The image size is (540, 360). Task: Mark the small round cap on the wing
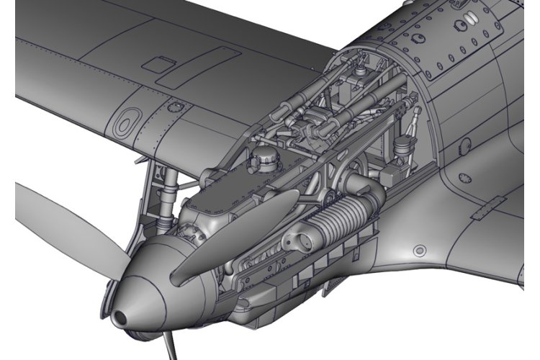(172, 107)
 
